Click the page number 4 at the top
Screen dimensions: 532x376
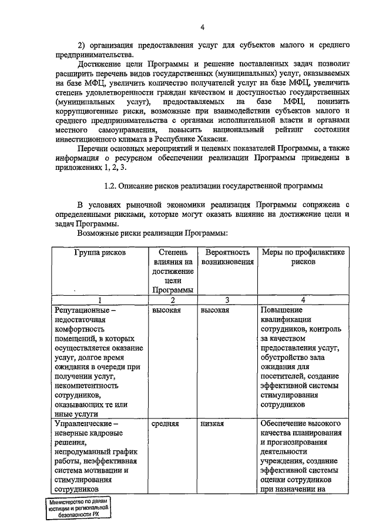tap(202, 27)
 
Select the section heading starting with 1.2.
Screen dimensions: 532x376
tap(213, 186)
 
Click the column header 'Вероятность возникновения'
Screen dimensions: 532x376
tap(227, 257)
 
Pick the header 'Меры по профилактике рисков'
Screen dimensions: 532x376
tap(303, 257)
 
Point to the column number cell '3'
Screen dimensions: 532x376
tap(227, 300)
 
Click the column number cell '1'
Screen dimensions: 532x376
tap(99, 300)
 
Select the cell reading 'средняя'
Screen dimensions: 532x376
tap(166, 423)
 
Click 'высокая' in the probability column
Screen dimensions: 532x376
tap(215, 310)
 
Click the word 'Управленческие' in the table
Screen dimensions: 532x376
tap(82, 423)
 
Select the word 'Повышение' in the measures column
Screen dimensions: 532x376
tap(280, 310)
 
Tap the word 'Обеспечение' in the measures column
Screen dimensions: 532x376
tap(285, 423)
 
